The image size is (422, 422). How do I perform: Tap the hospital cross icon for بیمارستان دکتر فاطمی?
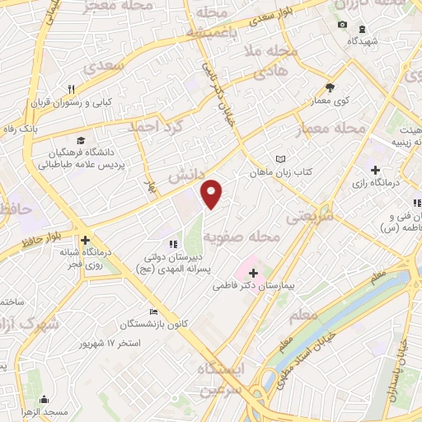click(x=253, y=272)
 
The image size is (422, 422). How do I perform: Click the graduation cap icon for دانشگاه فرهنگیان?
click(x=81, y=140)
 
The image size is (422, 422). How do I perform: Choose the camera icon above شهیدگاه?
click(x=342, y=25)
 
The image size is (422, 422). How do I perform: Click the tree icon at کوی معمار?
click(x=331, y=87)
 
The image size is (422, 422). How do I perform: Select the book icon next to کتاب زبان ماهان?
click(x=281, y=158)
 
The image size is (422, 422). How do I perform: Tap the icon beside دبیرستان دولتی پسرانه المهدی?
click(x=172, y=243)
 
